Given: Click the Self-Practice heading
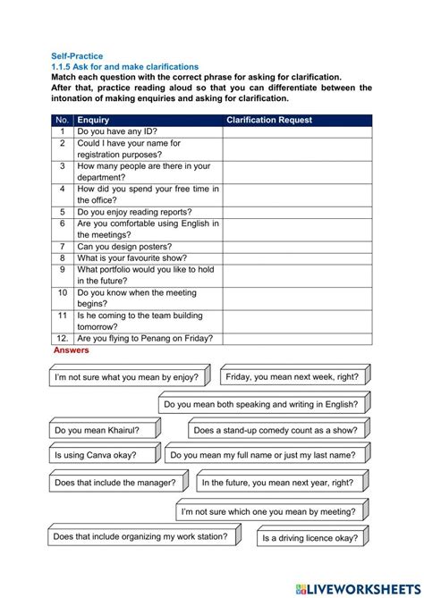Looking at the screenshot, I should [76, 56].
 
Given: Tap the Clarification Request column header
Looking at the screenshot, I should [269, 120].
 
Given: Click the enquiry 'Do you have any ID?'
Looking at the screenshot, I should [117, 131].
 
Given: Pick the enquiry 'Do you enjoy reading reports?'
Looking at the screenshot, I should [133, 213].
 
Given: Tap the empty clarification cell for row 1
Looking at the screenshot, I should [297, 131].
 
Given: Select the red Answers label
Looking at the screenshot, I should [72, 350].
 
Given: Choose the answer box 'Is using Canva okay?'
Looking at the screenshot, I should [96, 455].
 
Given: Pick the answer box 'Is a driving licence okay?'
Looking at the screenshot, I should [310, 538].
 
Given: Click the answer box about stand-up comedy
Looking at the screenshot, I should [275, 431].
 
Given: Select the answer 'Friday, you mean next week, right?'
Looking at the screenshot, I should [292, 377].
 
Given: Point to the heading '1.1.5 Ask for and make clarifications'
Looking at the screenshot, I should [124, 67].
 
